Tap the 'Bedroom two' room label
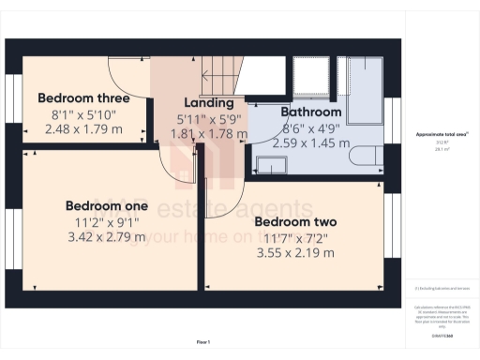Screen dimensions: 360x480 [x=295, y=222]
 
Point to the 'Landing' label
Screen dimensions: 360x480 [x=208, y=102]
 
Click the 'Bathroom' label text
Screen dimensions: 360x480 [x=311, y=112]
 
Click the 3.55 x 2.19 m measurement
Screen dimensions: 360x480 [x=295, y=254]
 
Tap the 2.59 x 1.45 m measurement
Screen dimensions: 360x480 [x=311, y=143]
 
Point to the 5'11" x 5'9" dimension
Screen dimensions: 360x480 [x=208, y=119]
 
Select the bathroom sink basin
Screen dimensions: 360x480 [x=273, y=165]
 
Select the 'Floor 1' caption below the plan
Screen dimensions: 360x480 [x=203, y=342]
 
